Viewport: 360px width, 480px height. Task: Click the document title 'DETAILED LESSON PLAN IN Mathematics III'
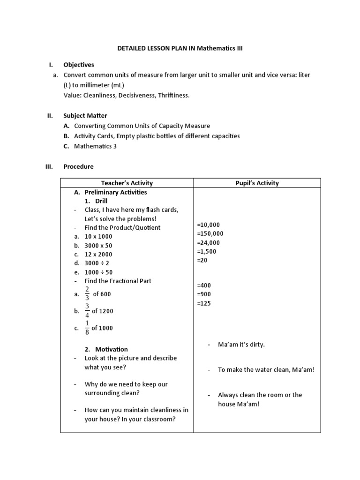coord(180,48)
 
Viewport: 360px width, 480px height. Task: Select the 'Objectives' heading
coord(79,65)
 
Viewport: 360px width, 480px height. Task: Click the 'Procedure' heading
coord(78,166)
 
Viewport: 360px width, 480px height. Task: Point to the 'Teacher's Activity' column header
coord(127,183)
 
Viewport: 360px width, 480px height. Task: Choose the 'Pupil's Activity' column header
coord(257,183)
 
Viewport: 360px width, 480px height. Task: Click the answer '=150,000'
coord(210,233)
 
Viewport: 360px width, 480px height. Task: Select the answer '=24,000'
coord(208,242)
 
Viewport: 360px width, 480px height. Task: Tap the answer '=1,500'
coord(207,251)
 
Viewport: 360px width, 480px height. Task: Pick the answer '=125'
coord(204,303)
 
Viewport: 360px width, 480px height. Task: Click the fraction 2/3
coord(87,294)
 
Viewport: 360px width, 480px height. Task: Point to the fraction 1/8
coord(87,328)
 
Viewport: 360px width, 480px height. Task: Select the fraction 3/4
coord(87,311)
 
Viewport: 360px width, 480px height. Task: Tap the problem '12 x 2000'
coord(98,254)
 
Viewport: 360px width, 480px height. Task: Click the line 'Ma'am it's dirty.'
coord(241,345)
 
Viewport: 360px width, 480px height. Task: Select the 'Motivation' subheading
coord(112,349)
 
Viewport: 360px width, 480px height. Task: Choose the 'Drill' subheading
coord(101,201)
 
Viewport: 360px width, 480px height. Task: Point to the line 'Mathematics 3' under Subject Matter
coord(96,146)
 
